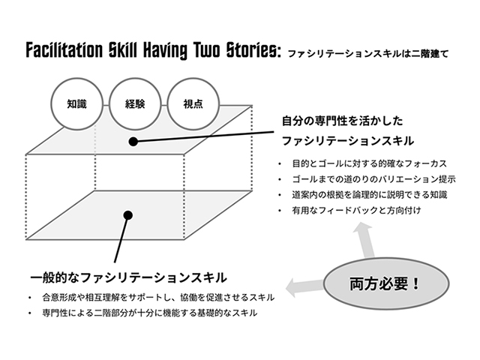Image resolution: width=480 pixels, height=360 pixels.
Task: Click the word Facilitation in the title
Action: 64,50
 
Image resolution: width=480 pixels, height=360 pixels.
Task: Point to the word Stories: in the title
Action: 253,50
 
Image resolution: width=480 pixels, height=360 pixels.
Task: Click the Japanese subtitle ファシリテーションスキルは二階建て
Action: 368,54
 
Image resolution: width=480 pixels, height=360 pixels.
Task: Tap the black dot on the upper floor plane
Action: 133,142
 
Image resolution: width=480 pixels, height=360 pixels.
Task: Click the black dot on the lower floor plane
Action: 128,215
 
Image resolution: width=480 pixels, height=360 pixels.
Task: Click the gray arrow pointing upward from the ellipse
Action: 365,240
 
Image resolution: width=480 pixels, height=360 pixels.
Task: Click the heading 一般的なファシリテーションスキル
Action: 128,277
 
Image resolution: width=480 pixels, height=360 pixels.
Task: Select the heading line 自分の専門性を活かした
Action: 342,121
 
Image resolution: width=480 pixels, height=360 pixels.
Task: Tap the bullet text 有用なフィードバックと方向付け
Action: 357,210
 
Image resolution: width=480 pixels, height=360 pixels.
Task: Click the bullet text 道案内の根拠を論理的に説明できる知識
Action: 370,195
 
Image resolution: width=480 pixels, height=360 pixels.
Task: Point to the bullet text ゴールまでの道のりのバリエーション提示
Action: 373,179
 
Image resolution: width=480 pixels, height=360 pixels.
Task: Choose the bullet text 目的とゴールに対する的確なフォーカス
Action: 370,163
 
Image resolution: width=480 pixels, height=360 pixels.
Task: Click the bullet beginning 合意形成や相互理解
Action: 158,297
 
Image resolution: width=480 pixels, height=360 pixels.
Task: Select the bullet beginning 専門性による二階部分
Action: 150,313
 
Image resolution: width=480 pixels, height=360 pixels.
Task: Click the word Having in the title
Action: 165,51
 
